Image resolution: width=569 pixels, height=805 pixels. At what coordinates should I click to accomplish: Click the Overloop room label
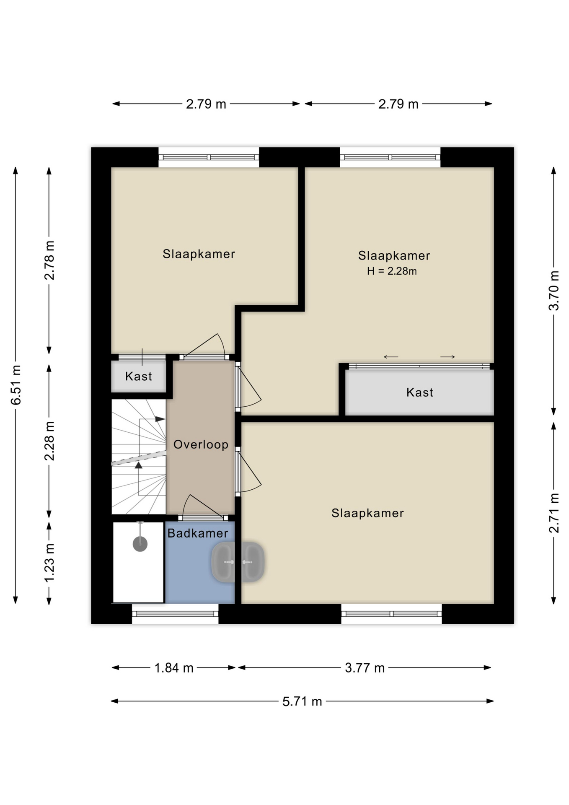pos(201,444)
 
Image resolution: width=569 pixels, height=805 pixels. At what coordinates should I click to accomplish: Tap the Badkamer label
pos(198,533)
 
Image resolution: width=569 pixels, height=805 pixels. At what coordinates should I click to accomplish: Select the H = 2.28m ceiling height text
pos(392,271)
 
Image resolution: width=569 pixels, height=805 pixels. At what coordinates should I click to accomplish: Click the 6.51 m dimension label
pos(16,385)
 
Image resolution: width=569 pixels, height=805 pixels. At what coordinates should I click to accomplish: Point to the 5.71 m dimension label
pos(302,701)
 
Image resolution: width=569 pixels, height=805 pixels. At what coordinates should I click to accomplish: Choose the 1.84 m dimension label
pos(174,668)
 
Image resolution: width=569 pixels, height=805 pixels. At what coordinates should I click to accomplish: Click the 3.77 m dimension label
pos(365,668)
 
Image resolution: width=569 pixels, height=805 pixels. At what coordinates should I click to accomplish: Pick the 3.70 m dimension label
pos(554,291)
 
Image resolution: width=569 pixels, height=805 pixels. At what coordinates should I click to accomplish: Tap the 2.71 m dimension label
pos(554,513)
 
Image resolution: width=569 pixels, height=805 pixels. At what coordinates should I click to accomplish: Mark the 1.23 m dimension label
pos(49,563)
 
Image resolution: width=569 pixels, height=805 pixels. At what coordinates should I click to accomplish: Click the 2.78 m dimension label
pos(49,260)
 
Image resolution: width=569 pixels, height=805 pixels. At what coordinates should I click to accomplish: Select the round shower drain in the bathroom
pos(140,544)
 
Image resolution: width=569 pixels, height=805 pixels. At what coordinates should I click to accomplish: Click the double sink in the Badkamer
pos(238,562)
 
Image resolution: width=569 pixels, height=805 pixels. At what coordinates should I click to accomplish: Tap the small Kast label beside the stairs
pos(139,376)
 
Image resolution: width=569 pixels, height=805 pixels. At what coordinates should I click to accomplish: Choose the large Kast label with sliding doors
pos(420,392)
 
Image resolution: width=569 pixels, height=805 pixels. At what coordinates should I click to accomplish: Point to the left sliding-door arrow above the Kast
pos(391,357)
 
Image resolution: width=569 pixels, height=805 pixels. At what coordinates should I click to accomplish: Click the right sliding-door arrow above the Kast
pos(447,357)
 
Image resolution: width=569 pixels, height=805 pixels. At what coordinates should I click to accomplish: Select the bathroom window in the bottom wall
pos(175,614)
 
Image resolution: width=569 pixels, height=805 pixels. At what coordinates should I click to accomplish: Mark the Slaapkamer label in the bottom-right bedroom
pos(367,513)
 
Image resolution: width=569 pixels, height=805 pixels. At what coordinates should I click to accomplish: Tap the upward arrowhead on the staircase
pos(139,465)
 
